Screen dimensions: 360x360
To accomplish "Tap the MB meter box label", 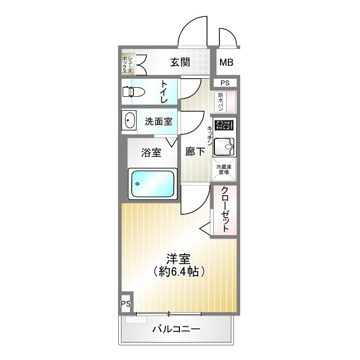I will pyautogui.click(x=227, y=62).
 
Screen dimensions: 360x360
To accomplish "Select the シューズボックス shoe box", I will pyautogui.click(x=128, y=63).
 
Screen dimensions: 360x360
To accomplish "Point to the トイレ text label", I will pyautogui.click(x=164, y=92).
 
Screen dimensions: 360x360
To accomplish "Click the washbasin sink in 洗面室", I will pyautogui.click(x=130, y=121).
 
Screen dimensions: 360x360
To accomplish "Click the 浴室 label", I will pyautogui.click(x=151, y=152).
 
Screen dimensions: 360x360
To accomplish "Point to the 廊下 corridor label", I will pyautogui.click(x=195, y=151).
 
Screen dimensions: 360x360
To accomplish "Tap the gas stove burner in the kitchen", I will pyautogui.click(x=223, y=125).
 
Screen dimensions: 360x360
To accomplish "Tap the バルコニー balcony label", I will pyautogui.click(x=176, y=329).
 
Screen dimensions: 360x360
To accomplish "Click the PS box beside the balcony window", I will pyautogui.click(x=125, y=304).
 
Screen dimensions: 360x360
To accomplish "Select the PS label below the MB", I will pyautogui.click(x=225, y=83).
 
